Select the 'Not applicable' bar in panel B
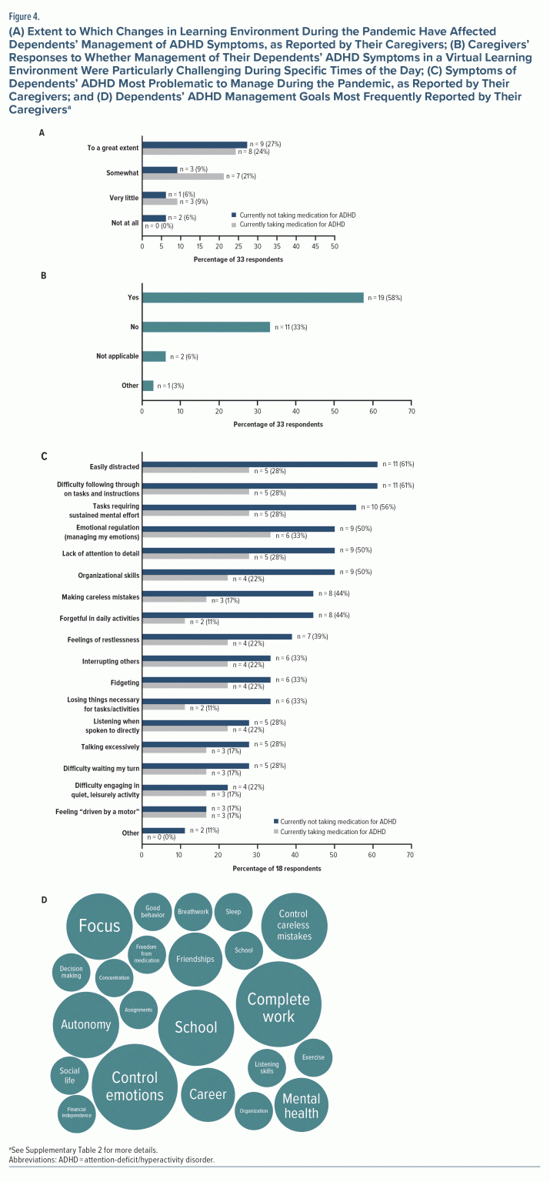tap(154, 356)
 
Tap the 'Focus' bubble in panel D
tap(99, 926)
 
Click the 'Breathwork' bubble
tap(192, 912)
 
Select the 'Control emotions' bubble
tap(135, 1086)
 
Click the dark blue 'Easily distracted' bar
tap(260, 464)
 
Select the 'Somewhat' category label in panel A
tap(122, 173)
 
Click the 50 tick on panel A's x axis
tap(335, 248)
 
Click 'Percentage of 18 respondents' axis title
tap(276, 868)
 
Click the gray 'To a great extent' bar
tap(188, 151)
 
